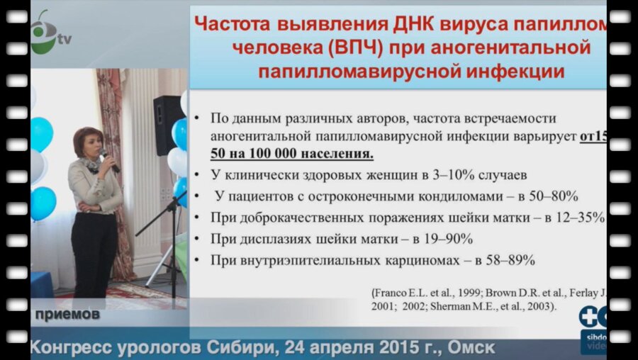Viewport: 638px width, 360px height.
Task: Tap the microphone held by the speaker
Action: pyautogui.click(x=108, y=159)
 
